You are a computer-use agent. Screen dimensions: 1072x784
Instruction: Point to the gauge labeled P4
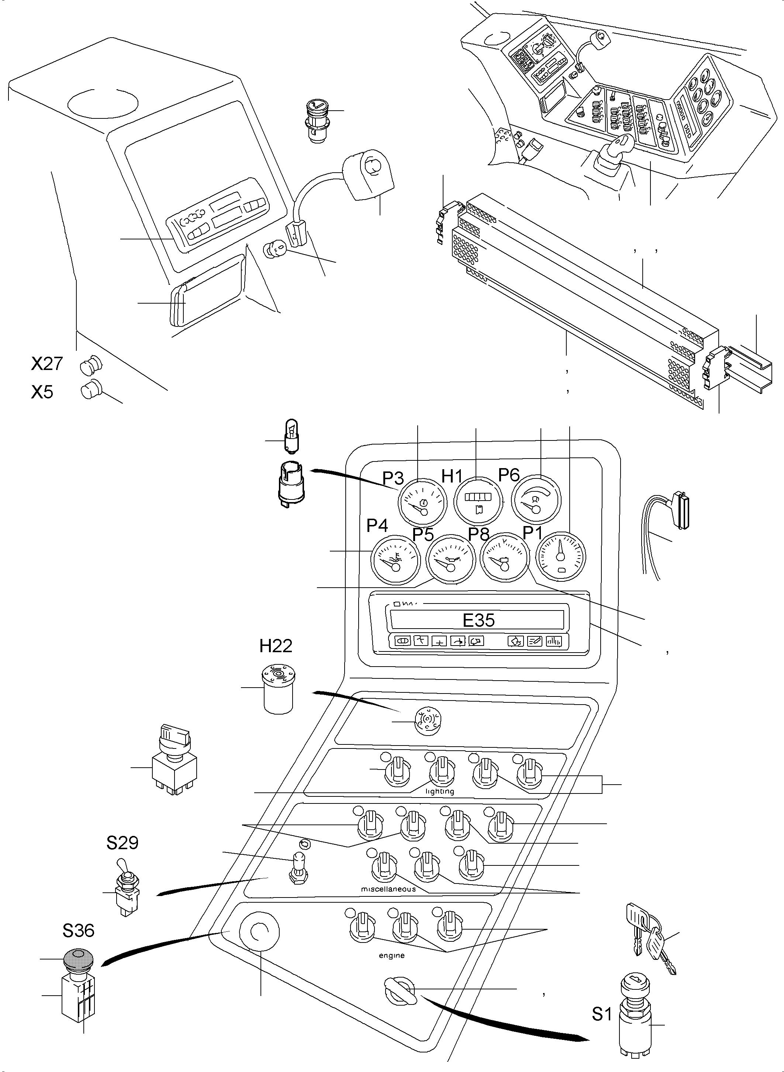tap(396, 560)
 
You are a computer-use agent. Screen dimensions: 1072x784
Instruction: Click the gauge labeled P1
tap(561, 556)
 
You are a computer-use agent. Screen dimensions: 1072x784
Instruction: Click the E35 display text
tap(479, 620)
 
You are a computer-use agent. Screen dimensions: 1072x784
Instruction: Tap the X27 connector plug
tap(91, 366)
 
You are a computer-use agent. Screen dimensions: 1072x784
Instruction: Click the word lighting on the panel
tap(439, 792)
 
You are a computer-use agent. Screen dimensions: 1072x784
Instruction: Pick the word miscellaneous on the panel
tap(388, 889)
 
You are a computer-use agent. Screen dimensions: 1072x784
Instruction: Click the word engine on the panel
tap(391, 955)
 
